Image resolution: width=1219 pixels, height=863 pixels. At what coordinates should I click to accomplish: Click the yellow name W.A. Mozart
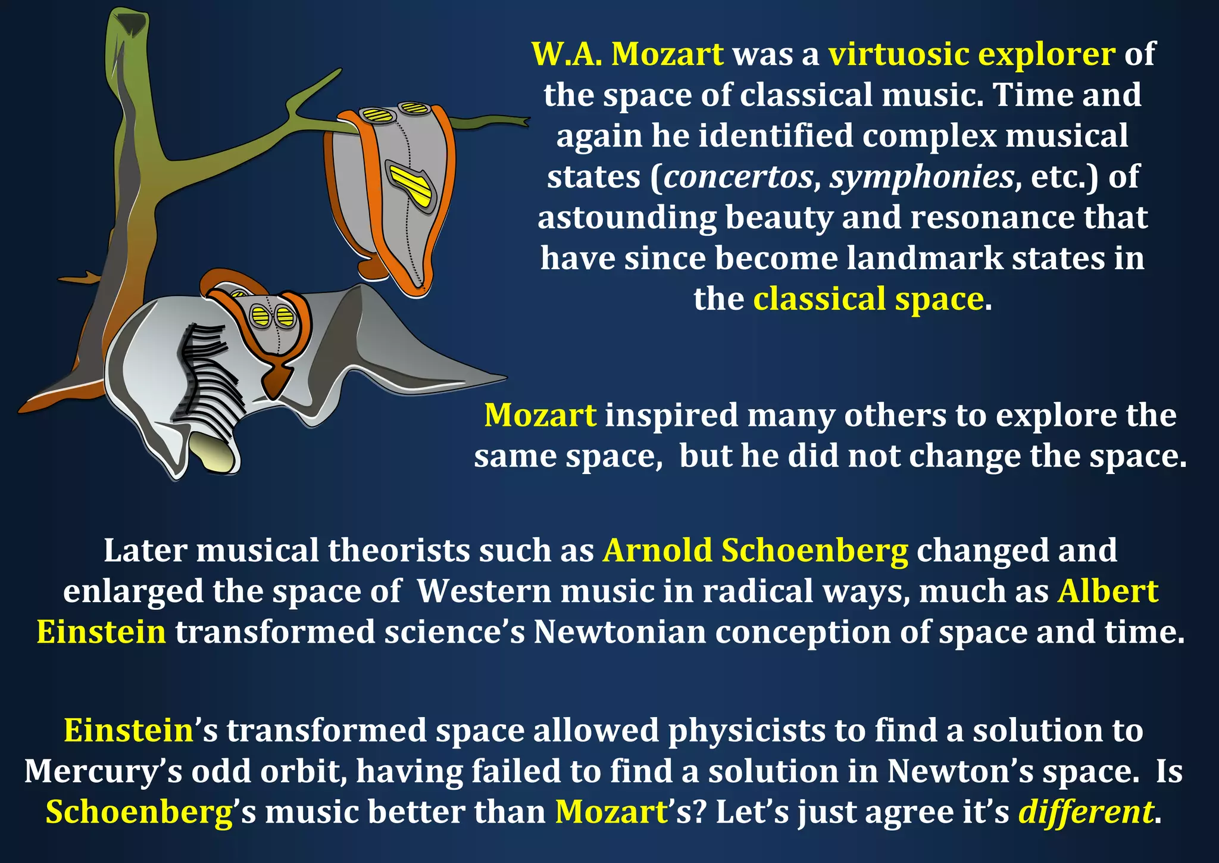tap(627, 54)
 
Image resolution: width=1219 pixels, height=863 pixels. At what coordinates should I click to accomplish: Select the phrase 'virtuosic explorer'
tap(971, 54)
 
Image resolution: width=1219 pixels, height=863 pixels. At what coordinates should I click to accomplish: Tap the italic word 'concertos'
tap(738, 177)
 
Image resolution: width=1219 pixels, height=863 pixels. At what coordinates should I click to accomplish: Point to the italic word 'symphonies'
tap(922, 177)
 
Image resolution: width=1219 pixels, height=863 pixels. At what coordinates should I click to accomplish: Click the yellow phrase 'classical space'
tap(868, 299)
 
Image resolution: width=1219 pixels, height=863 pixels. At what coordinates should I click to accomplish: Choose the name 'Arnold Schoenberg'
tap(755, 550)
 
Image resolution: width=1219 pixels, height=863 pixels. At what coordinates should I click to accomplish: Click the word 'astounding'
tap(627, 218)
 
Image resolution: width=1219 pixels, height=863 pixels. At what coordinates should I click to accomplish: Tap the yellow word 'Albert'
tap(1108, 591)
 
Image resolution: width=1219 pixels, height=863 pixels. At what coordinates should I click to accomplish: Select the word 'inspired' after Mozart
tap(671, 416)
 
